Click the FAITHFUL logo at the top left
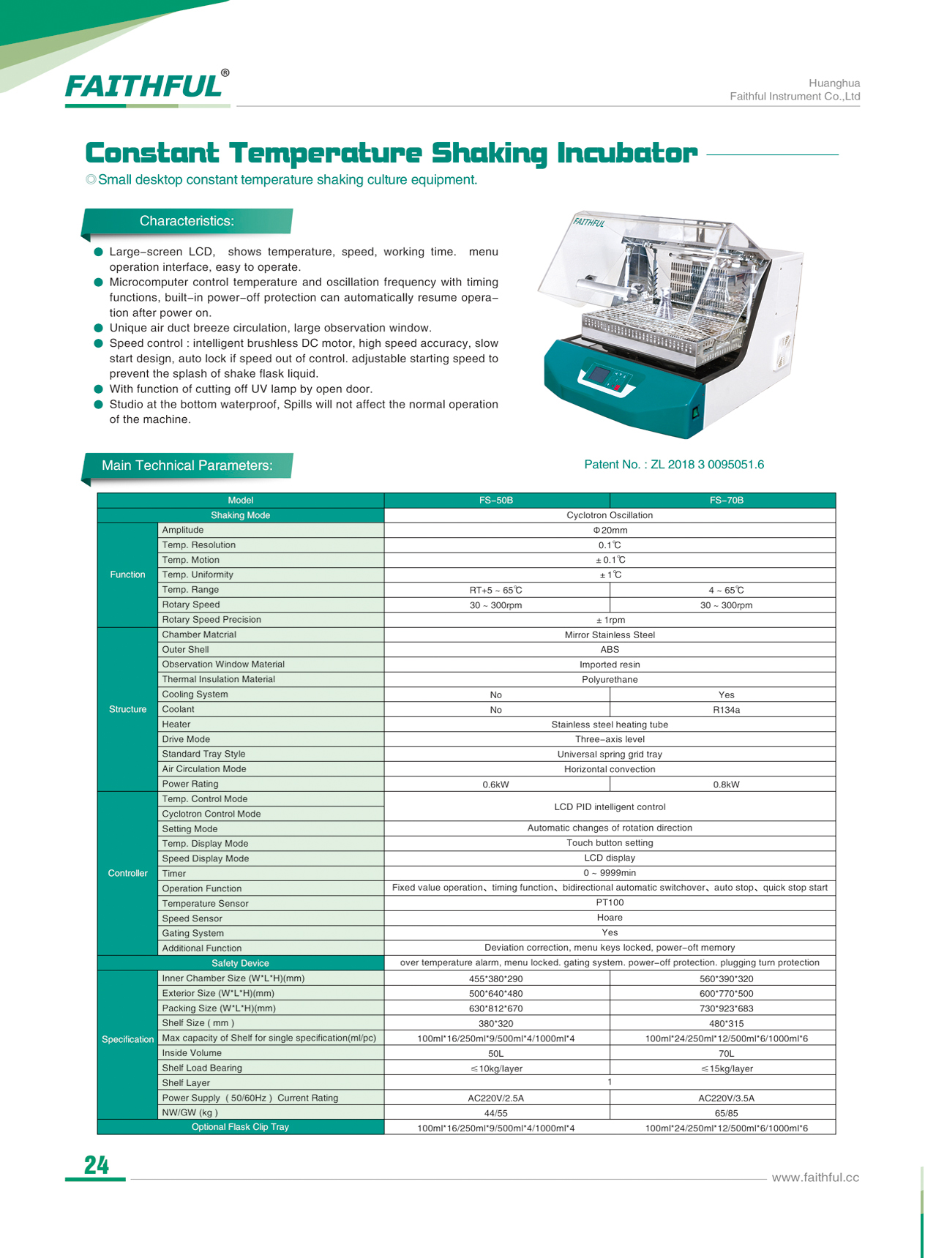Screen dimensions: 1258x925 click(x=144, y=86)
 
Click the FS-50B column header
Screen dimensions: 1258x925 click(x=495, y=501)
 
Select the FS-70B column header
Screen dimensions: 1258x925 click(x=726, y=501)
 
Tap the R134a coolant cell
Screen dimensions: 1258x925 click(x=726, y=710)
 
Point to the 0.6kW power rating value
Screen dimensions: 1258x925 click(x=495, y=785)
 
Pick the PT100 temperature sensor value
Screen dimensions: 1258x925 click(x=610, y=903)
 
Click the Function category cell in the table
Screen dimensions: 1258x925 click(x=127, y=574)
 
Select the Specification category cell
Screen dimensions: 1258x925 click(x=127, y=1039)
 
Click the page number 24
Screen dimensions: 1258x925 click(x=96, y=1165)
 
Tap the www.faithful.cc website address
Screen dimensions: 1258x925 click(x=815, y=1177)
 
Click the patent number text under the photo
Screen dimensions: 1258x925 click(x=673, y=465)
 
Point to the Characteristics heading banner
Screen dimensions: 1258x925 click(x=187, y=221)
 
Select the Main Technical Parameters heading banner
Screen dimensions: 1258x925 click(x=187, y=465)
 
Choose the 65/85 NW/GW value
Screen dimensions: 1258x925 click(x=726, y=1113)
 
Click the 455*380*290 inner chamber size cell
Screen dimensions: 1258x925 click(x=495, y=979)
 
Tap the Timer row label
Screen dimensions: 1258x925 click(x=174, y=874)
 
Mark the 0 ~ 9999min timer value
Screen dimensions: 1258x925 click(x=610, y=873)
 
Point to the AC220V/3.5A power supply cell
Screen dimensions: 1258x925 click(x=726, y=1098)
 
